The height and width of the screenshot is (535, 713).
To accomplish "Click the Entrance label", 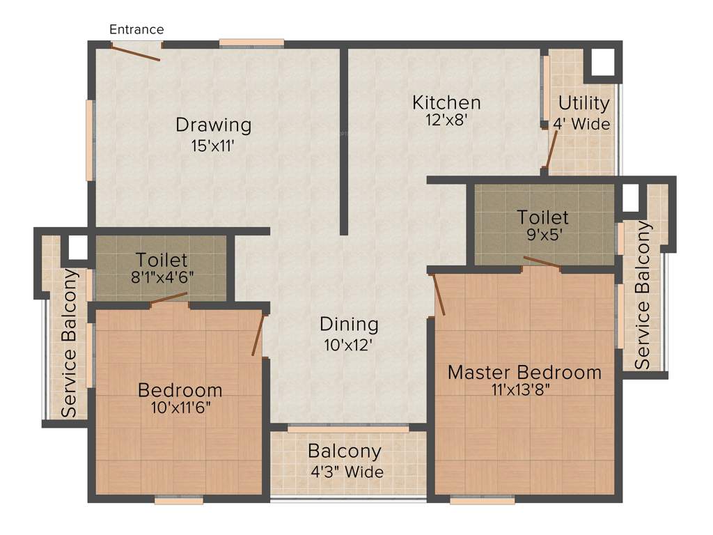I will point(137,29).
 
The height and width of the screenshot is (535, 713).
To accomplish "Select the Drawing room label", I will point(213,125).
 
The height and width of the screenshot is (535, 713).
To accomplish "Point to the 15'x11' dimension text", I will point(213,146).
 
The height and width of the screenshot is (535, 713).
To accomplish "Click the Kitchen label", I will point(446,103).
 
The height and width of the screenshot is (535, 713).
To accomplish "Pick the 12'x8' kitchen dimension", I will point(446,120).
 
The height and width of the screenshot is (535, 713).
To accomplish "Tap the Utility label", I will point(583,104).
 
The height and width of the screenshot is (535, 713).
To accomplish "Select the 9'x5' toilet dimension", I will point(542,235).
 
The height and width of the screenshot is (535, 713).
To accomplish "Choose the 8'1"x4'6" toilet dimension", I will point(162,276).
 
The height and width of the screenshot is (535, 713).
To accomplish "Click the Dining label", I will point(349,324).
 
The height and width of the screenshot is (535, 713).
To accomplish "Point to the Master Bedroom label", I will point(524,372).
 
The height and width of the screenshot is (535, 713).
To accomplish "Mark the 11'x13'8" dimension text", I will point(524,389).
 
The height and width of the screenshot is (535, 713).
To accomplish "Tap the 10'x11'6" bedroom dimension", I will point(180,407).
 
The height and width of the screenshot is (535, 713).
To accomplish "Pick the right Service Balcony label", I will point(643,295).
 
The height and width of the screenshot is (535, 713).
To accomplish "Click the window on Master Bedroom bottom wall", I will point(482,499).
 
